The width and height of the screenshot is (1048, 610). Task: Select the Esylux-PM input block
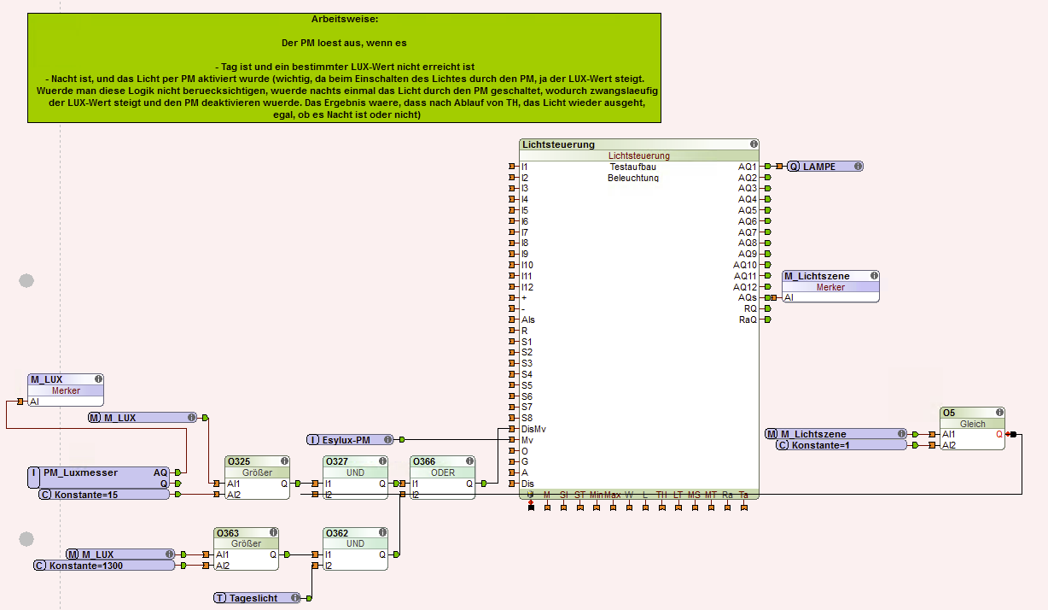[x=351, y=439]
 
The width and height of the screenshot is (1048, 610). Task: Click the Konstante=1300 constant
[x=103, y=566]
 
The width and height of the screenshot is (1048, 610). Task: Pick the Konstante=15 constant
[x=103, y=495]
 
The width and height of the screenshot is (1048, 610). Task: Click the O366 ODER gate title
[x=425, y=461]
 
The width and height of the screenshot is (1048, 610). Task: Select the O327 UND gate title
[x=338, y=461]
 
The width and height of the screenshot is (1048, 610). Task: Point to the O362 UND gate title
[x=338, y=533]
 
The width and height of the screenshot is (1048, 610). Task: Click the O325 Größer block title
[x=238, y=461]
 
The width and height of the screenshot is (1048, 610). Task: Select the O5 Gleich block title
[x=949, y=413]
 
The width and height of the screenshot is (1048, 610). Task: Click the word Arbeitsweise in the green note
[x=345, y=18]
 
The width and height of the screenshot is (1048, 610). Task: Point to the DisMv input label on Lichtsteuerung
[x=534, y=429]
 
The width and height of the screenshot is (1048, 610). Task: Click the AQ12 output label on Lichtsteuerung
[x=746, y=287]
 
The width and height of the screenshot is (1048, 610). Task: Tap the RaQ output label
[x=748, y=320]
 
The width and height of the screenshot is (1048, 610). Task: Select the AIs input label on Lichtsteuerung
[x=528, y=320]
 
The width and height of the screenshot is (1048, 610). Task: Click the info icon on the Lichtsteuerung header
[x=754, y=144]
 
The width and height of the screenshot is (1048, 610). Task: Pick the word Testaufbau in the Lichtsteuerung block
[x=633, y=167]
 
